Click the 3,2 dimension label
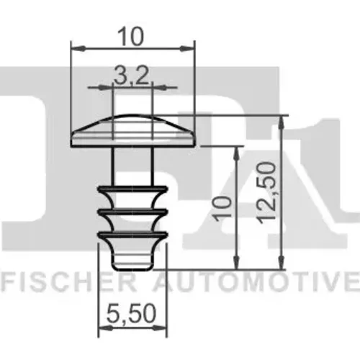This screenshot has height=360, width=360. pyautogui.click(x=131, y=75)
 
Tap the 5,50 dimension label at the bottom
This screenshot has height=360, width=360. pyautogui.click(x=131, y=313)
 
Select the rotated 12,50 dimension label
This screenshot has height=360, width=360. pyautogui.click(x=266, y=193)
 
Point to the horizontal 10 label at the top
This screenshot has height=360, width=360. pyautogui.click(x=131, y=36)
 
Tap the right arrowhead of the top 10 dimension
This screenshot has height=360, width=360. pyautogui.click(x=187, y=48)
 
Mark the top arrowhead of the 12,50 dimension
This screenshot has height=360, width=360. pyautogui.click(x=282, y=123)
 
